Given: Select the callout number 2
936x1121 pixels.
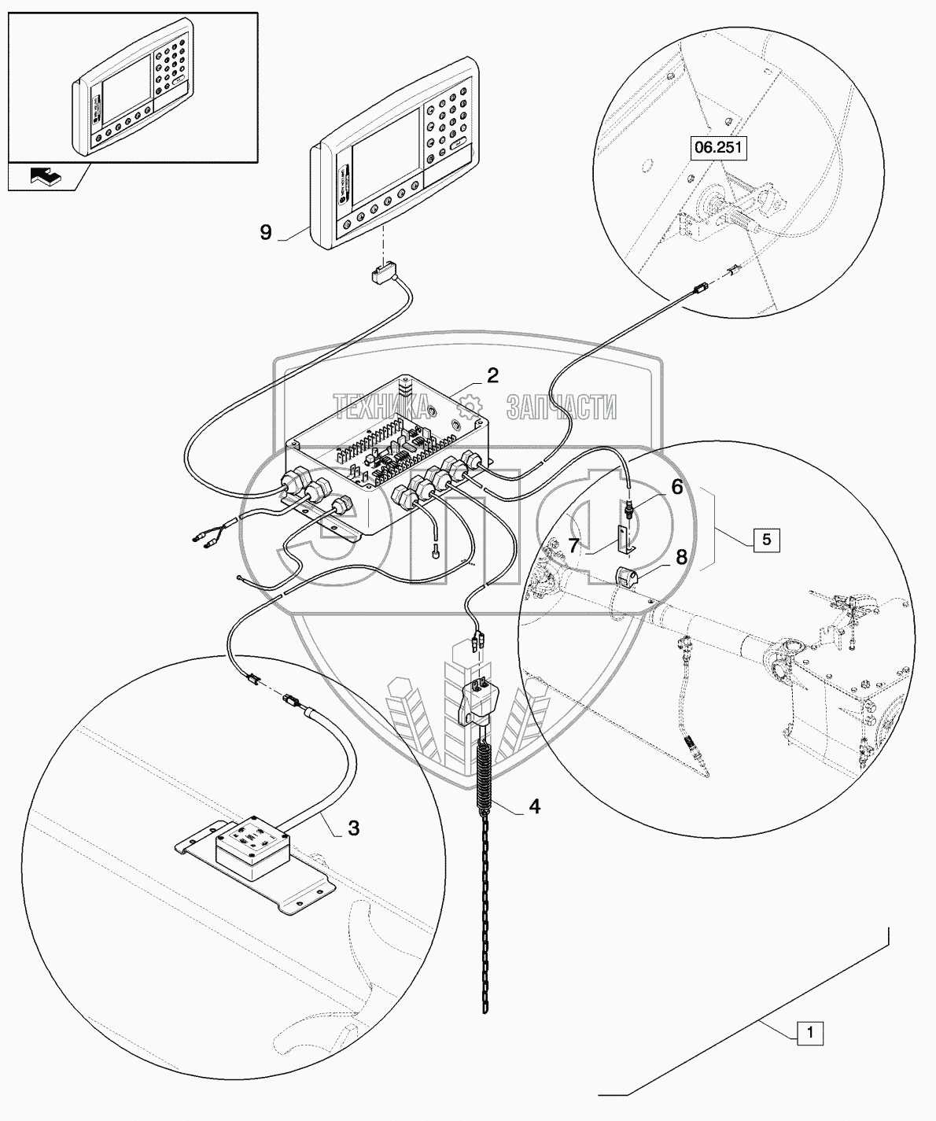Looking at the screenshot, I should pos(492,375).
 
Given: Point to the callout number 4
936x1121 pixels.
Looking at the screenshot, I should pos(534,806).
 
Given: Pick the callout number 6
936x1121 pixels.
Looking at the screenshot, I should pos(676,487).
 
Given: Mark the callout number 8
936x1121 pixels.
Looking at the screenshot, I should pos(681,556).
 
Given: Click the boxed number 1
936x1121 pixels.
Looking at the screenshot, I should pos(810,1033).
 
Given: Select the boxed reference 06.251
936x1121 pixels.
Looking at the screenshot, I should pos(718,147).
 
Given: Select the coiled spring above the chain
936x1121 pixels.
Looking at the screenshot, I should pos(485,775).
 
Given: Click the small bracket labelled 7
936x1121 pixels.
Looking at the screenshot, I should pos(625,538).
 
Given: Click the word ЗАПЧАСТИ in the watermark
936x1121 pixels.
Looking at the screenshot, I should pos(559,407).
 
